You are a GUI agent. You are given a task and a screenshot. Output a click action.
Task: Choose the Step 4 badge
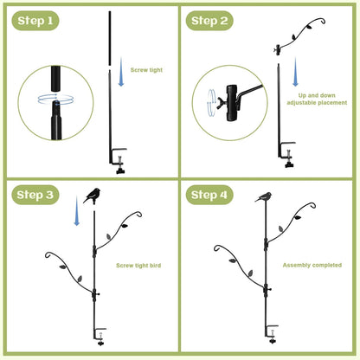pos(209,194)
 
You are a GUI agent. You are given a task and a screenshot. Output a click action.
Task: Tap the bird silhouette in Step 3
pos(93,195)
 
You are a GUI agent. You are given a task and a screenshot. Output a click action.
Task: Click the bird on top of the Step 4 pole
pos(264,197)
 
